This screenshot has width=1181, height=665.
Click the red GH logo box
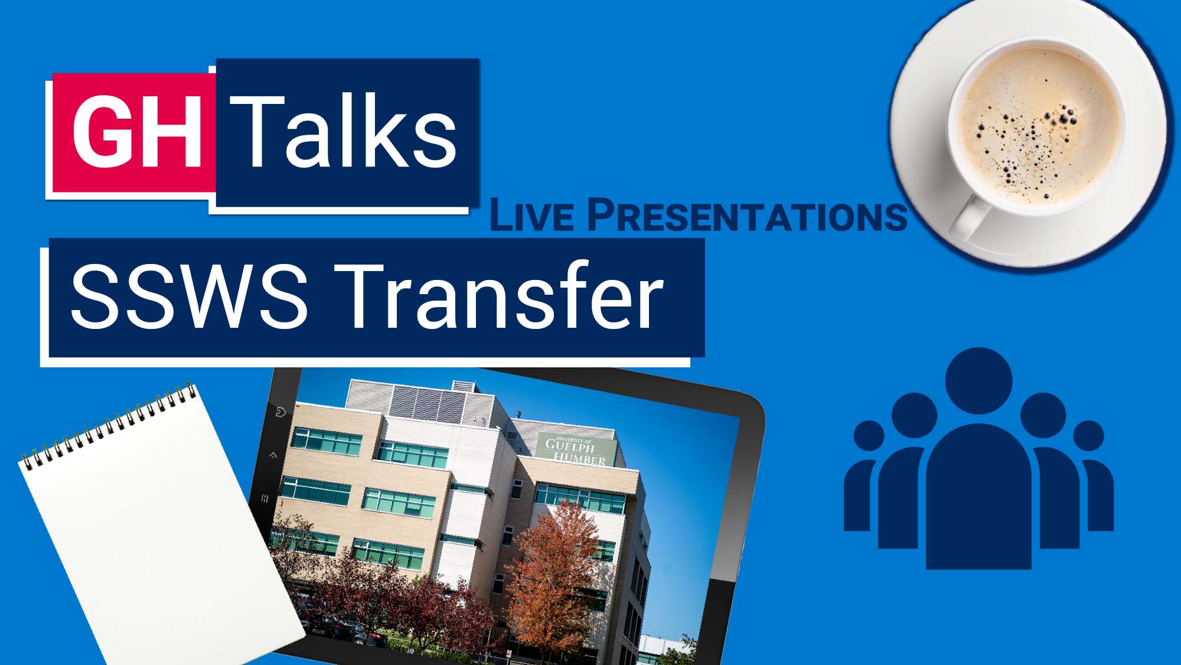tap(134, 132)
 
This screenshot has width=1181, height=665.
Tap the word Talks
tap(343, 131)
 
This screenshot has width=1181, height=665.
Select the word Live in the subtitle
tap(531, 215)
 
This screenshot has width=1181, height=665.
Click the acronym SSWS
tap(189, 295)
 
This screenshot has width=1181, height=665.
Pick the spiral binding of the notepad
tap(109, 422)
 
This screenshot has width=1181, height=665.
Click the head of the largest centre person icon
tap(978, 381)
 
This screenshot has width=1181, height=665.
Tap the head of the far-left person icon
tap(869, 436)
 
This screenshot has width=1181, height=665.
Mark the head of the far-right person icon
tap(1088, 436)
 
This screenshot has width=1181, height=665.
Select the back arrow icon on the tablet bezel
tap(280, 411)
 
